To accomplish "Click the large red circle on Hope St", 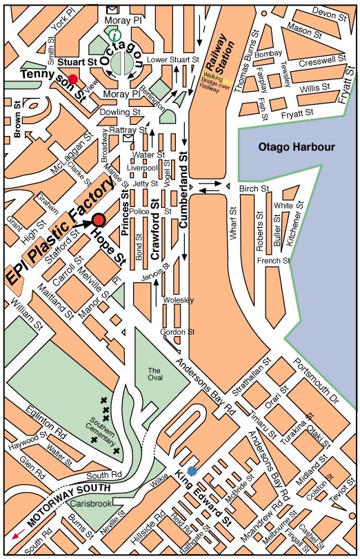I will click(99, 219).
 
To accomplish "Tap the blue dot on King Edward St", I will click(192, 471).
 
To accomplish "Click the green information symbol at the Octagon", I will click(114, 34).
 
